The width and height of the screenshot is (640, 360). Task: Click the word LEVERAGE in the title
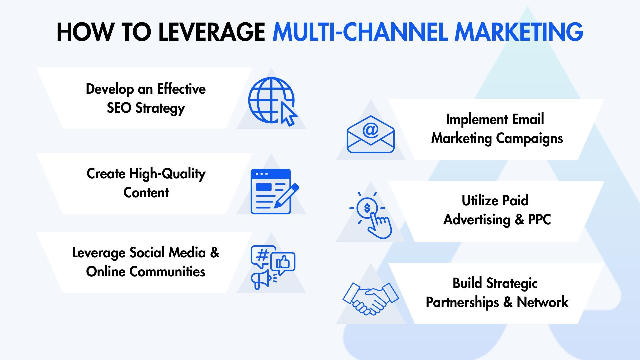[212, 32]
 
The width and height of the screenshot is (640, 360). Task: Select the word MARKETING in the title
[519, 32]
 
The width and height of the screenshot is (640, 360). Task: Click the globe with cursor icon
[272, 101]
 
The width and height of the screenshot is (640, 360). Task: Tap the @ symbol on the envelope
[370, 130]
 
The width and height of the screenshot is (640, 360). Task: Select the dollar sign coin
[367, 208]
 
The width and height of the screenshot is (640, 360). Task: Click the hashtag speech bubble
[263, 256]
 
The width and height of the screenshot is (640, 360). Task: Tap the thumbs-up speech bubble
[283, 263]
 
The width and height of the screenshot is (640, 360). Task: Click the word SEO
[119, 108]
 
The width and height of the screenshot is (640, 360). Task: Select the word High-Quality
[167, 174]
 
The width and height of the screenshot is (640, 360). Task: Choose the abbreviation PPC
[539, 220]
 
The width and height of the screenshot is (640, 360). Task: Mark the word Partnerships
[462, 302]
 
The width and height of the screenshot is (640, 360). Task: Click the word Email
[528, 119]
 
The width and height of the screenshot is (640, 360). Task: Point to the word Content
[146, 193]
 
